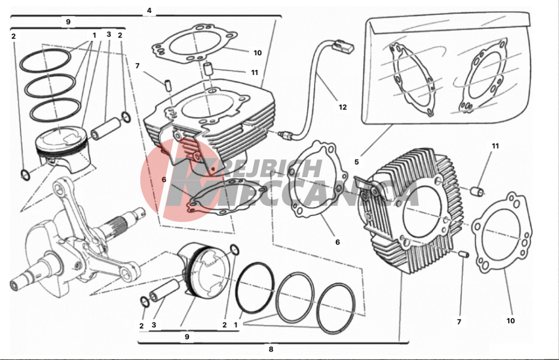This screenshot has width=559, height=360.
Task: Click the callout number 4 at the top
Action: coord(149,11)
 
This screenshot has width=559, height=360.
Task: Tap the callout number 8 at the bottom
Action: coord(271,349)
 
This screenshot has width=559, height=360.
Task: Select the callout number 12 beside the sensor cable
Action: coord(342,106)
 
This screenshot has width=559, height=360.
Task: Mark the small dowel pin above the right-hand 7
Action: coord(462,254)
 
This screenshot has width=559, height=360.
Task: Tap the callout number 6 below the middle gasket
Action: coord(337,242)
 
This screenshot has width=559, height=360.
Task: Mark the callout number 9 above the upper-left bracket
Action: coord(68,22)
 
